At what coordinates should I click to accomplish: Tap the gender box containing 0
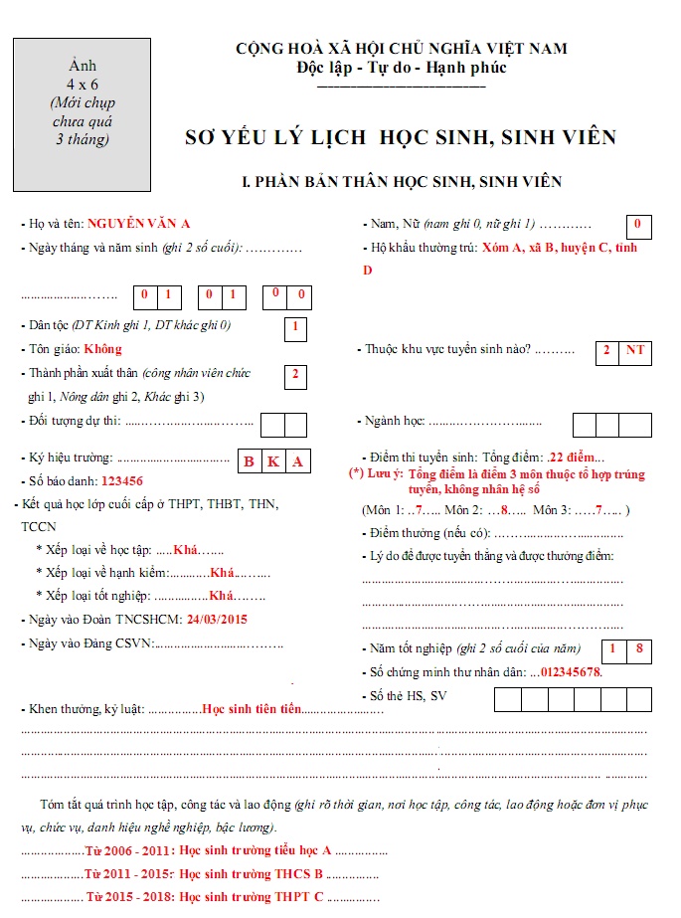click(637, 226)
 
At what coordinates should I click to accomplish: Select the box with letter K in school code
click(272, 460)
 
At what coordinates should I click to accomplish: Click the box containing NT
click(635, 350)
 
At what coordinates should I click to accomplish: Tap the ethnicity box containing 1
click(295, 326)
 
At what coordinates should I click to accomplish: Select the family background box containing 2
click(295, 375)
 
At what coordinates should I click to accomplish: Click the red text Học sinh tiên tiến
click(251, 709)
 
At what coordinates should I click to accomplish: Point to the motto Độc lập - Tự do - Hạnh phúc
click(401, 68)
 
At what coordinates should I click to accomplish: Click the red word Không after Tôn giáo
click(103, 349)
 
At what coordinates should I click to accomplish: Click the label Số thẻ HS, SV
click(409, 695)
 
